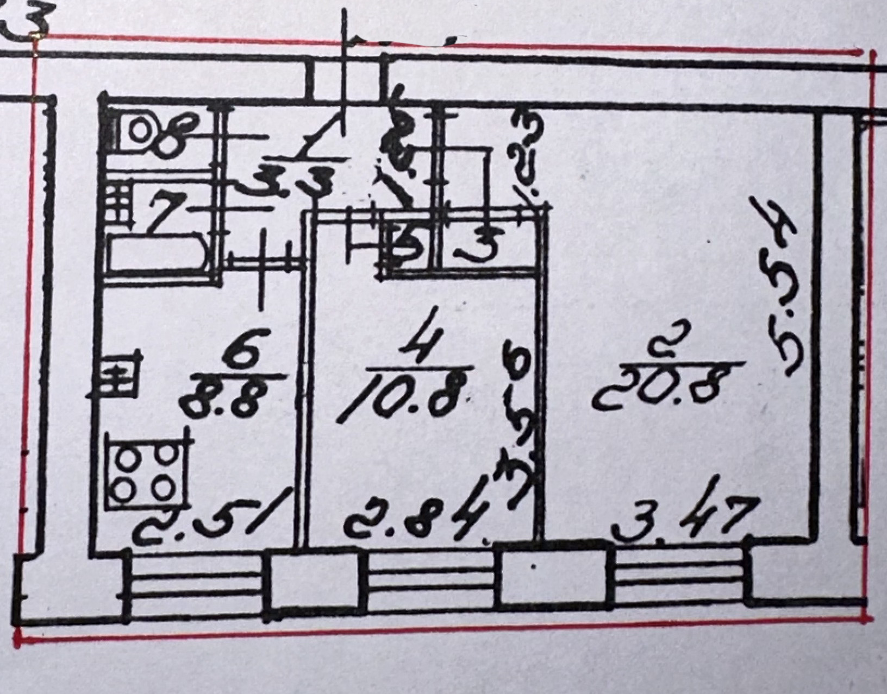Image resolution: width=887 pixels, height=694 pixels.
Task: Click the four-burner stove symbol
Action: coord(147,470)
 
